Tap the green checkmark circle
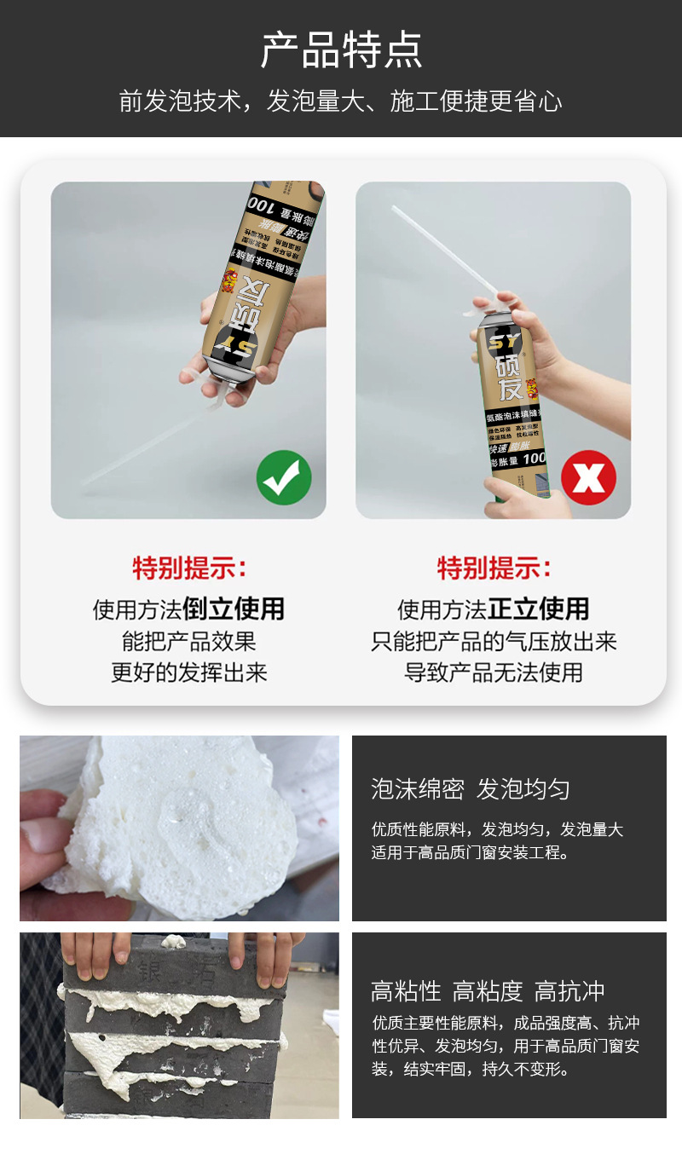[x=284, y=477]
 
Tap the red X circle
[x=588, y=477]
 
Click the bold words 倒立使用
[x=233, y=609]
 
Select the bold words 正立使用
[x=538, y=609]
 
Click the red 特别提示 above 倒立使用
[x=188, y=568]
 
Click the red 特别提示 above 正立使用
[x=494, y=568]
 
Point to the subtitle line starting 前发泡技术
[x=341, y=101]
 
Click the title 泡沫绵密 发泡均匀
[x=470, y=788]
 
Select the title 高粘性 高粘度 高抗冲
[x=488, y=991]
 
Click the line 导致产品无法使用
[x=494, y=672]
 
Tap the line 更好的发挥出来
[x=188, y=672]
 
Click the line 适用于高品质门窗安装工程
[x=470, y=852]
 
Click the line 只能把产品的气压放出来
[x=494, y=641]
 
